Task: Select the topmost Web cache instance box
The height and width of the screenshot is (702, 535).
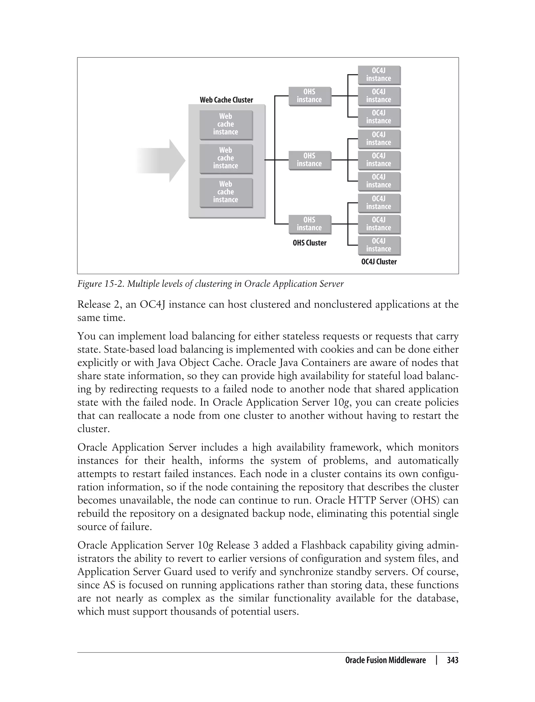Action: click(226, 125)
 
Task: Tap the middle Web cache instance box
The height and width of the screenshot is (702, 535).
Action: click(226, 158)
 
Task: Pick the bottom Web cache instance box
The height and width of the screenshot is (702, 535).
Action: click(226, 192)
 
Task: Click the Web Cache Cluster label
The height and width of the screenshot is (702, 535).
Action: click(226, 100)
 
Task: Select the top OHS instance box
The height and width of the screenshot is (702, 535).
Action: click(310, 96)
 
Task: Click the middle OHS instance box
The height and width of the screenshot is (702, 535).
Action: click(310, 160)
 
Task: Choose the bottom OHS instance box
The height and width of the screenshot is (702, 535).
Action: click(310, 224)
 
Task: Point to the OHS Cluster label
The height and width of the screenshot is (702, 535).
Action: click(310, 243)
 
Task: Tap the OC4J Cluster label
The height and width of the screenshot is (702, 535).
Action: click(379, 262)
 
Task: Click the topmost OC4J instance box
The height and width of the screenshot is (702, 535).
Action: click(379, 75)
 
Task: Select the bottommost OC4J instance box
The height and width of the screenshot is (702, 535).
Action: click(379, 245)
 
